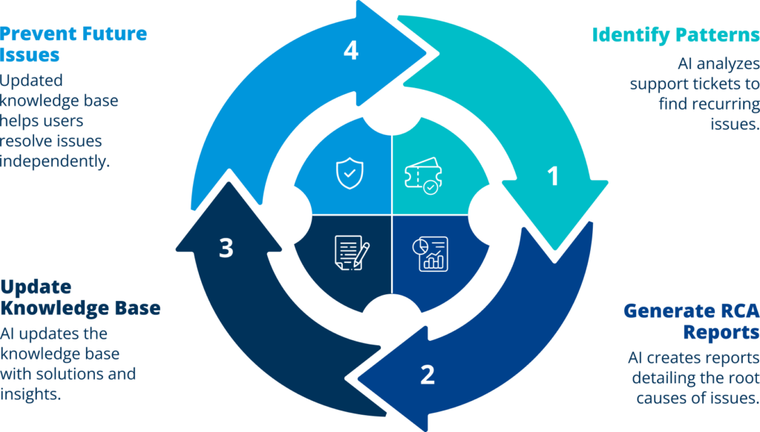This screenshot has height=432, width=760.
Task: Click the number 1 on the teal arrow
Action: pos(553,176)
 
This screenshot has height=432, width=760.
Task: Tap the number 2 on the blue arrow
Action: pos(427,374)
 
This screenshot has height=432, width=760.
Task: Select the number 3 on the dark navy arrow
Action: pos(226,247)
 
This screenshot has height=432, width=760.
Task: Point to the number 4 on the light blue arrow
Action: pos(351,50)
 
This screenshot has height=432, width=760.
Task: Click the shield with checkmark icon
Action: pos(350,173)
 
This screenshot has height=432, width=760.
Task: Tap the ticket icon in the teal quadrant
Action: pos(423,176)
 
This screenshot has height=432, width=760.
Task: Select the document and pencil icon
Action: pos(352,253)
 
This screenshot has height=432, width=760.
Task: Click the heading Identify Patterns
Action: pos(675,35)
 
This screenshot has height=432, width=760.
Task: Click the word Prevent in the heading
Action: pos(38,34)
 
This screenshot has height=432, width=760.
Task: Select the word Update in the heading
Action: pos(36,288)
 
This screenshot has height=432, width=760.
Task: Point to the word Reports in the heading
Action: pos(721,333)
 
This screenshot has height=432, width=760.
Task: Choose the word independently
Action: pos(55,161)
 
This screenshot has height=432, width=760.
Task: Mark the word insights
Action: pos(30,393)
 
